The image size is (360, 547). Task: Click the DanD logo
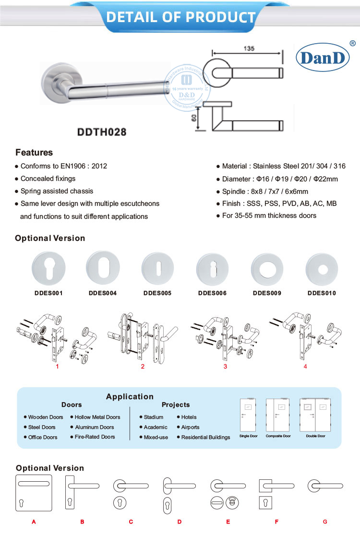pyautogui.click(x=323, y=57)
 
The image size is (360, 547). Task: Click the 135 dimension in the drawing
pyautogui.click(x=248, y=49)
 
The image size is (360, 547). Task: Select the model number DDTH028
pyautogui.click(x=102, y=131)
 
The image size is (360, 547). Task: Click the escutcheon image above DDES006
pyautogui.click(x=212, y=270)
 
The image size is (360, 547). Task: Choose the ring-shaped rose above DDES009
pyautogui.click(x=267, y=269)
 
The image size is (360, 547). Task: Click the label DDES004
pyautogui.click(x=103, y=293)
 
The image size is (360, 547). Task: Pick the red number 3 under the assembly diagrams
pyautogui.click(x=225, y=367)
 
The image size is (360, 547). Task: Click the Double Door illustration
pyautogui.click(x=316, y=416)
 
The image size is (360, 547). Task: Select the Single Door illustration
pyautogui.click(x=248, y=416)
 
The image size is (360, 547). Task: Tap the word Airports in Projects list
pyautogui.click(x=190, y=427)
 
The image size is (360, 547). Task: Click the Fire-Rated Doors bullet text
pyautogui.click(x=95, y=437)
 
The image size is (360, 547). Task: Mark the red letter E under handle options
pyautogui.click(x=228, y=522)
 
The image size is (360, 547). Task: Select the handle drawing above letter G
pyautogui.click(x=325, y=487)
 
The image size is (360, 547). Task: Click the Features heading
pyautogui.click(x=34, y=153)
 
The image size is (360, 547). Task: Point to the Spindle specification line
pyautogui.click(x=265, y=191)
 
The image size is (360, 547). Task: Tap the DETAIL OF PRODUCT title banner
pyautogui.click(x=180, y=17)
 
